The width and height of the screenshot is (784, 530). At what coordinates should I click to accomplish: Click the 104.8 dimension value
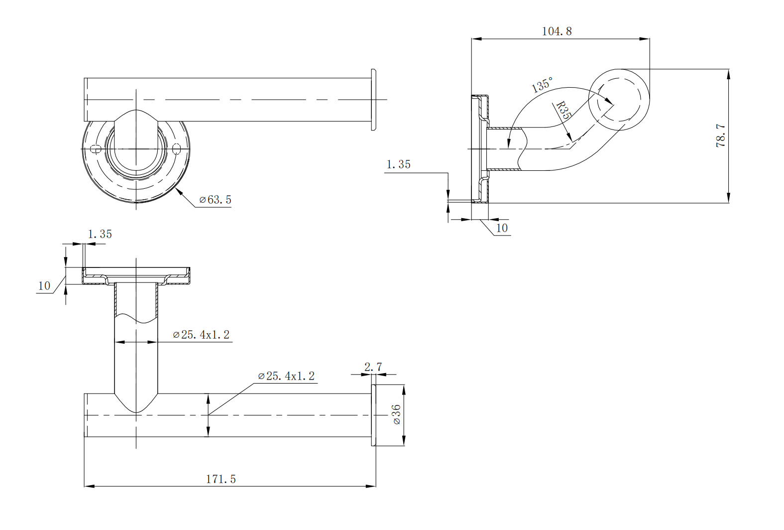pyautogui.click(x=557, y=31)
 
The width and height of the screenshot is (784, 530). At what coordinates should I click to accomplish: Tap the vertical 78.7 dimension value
pyautogui.click(x=720, y=135)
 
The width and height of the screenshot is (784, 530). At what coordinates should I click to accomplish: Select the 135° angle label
pyautogui.click(x=542, y=85)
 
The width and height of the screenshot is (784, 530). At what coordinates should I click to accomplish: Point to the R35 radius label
pyautogui.click(x=562, y=110)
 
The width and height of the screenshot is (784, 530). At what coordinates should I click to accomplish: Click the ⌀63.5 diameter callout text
pyautogui.click(x=215, y=200)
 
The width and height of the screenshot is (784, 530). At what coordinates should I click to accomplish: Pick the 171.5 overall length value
pyautogui.click(x=221, y=479)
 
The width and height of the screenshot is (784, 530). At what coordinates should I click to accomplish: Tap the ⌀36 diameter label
pyautogui.click(x=396, y=414)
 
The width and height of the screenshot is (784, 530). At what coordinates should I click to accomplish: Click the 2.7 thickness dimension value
pyautogui.click(x=373, y=367)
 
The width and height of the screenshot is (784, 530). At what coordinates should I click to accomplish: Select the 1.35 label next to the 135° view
pyautogui.click(x=399, y=164)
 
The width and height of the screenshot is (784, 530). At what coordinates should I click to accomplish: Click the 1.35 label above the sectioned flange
pyautogui.click(x=100, y=234)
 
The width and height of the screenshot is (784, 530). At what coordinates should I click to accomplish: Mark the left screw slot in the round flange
pyautogui.click(x=96, y=148)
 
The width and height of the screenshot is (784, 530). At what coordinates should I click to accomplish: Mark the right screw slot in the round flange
pyautogui.click(x=177, y=148)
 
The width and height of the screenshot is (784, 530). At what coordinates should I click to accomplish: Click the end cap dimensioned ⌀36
pyautogui.click(x=373, y=415)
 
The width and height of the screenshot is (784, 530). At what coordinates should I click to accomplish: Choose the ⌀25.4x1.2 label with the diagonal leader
pyautogui.click(x=287, y=376)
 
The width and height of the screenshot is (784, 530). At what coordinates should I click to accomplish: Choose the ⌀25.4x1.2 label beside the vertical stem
pyautogui.click(x=201, y=335)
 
